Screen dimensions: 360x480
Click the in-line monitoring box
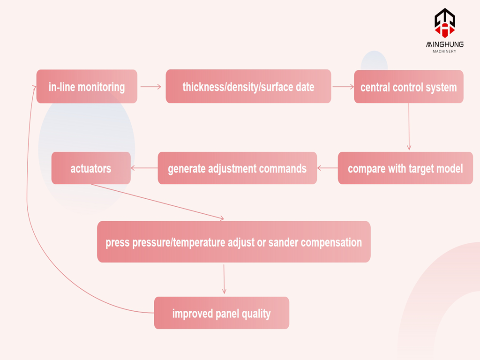click(87, 87)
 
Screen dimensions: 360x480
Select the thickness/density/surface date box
click(248, 87)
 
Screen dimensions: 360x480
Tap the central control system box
click(408, 87)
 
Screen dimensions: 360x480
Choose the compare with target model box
click(405, 168)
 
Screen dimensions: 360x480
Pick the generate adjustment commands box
click(237, 168)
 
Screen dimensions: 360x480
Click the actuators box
click(91, 168)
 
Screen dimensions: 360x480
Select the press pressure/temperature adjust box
click(233, 242)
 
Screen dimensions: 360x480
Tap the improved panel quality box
click(221, 313)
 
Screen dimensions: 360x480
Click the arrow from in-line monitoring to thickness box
click(150, 87)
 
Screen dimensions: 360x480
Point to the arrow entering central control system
click(343, 87)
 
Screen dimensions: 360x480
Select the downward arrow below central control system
click(409, 127)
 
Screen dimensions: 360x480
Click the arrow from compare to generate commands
click(327, 168)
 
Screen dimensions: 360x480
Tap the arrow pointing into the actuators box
click(144, 168)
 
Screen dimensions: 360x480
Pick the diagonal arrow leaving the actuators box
click(157, 202)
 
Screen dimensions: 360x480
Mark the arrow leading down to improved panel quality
click(224, 279)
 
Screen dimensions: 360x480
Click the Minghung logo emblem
click(444, 22)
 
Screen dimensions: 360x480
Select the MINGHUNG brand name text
click(444, 44)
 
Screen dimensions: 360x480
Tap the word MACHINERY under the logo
click(444, 51)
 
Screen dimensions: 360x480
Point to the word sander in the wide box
click(284, 242)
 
